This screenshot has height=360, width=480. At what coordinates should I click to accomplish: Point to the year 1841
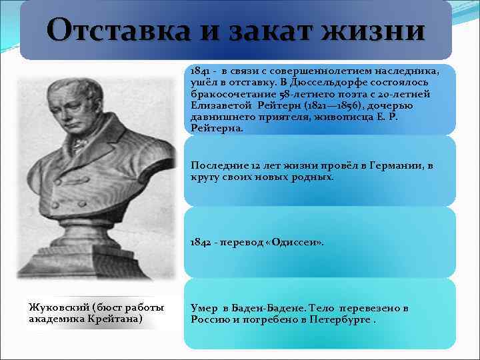[201, 70]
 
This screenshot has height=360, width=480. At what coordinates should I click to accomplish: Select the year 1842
[201, 243]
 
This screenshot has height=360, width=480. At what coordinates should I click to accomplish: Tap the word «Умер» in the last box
[204, 309]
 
